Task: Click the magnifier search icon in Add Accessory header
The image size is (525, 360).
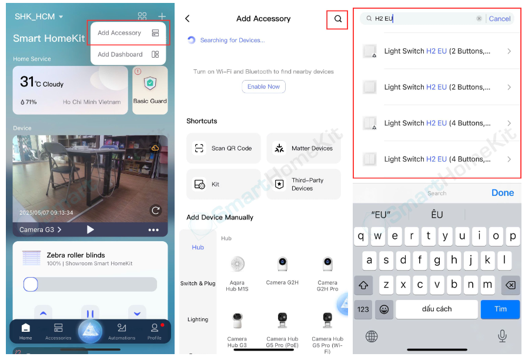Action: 338,19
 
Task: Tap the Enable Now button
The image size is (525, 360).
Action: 263,86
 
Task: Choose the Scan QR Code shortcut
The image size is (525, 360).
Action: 223,148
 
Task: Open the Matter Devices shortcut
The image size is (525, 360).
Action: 303,148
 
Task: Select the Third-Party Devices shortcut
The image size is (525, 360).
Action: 303,184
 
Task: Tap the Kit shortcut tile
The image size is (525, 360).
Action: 223,184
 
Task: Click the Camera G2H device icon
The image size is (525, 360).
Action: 282,264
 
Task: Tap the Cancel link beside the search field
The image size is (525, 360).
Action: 499,19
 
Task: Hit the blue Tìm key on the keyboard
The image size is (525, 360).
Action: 500,309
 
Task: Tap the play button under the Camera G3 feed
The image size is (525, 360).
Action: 90,229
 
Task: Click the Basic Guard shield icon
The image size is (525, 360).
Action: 150,83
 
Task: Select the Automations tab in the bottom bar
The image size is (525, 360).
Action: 122,332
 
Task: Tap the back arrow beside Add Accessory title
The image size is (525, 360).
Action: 188,18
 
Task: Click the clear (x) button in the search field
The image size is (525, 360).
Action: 479,18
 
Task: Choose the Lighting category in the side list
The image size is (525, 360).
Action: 198,319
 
